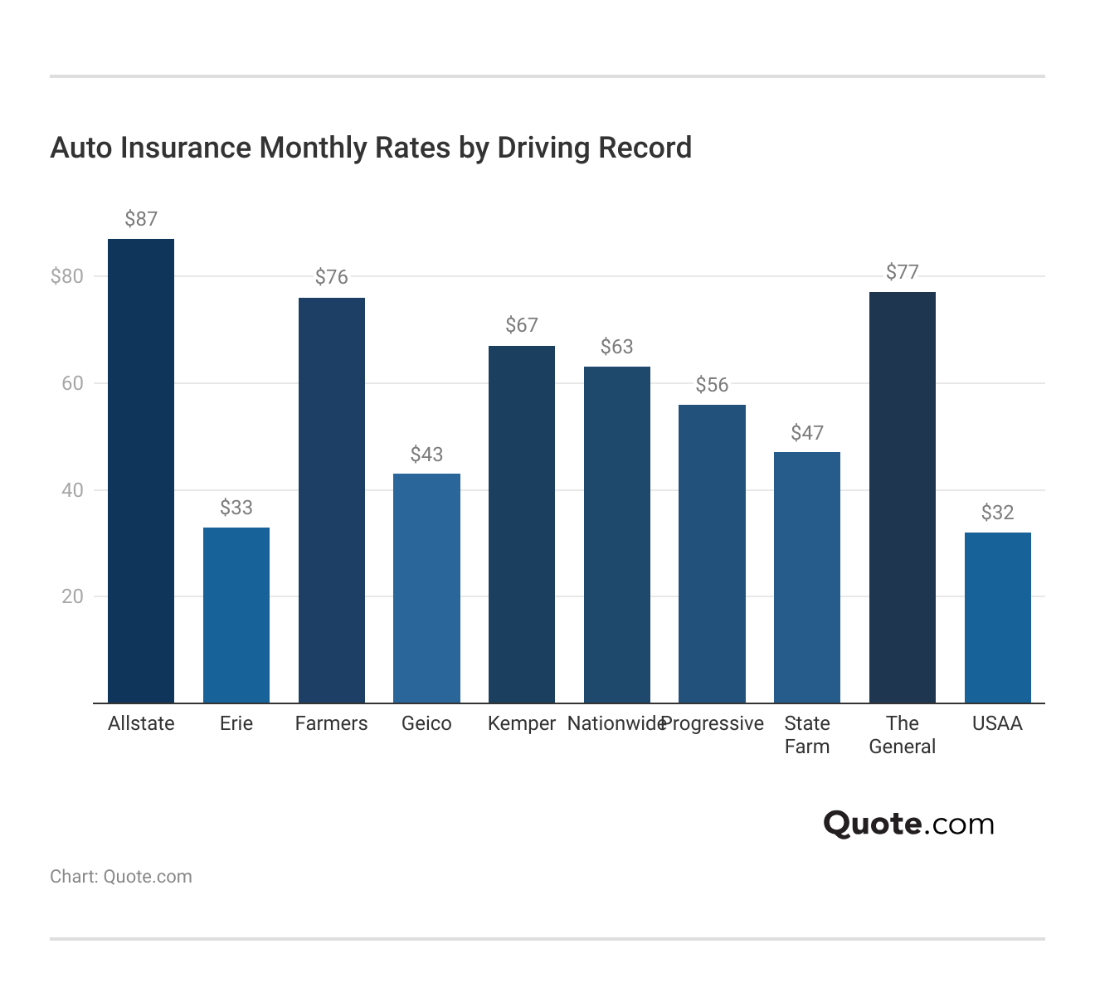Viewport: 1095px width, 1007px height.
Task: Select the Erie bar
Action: point(236,615)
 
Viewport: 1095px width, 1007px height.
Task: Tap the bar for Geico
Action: point(426,588)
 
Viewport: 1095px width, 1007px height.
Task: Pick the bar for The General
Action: point(903,498)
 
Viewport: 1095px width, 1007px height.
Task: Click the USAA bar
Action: point(998,618)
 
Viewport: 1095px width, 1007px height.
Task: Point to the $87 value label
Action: point(141,219)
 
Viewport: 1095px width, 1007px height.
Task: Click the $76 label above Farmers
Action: point(332,277)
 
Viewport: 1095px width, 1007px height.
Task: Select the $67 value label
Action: point(522,325)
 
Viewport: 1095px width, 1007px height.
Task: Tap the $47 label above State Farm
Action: point(807,433)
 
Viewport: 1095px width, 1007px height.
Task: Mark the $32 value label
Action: point(998,513)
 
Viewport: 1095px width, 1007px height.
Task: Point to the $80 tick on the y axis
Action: point(67,276)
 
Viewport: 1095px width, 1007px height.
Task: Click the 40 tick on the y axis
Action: point(72,490)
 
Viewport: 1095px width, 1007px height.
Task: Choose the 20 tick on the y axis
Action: point(72,596)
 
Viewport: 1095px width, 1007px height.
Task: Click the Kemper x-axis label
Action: point(522,723)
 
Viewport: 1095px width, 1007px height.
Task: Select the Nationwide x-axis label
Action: point(616,723)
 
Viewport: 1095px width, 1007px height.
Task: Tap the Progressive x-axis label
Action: point(713,723)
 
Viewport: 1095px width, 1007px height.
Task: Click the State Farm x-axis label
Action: point(807,735)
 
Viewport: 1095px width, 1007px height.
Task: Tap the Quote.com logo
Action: point(908,824)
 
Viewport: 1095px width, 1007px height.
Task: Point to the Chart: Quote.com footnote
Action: point(121,877)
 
